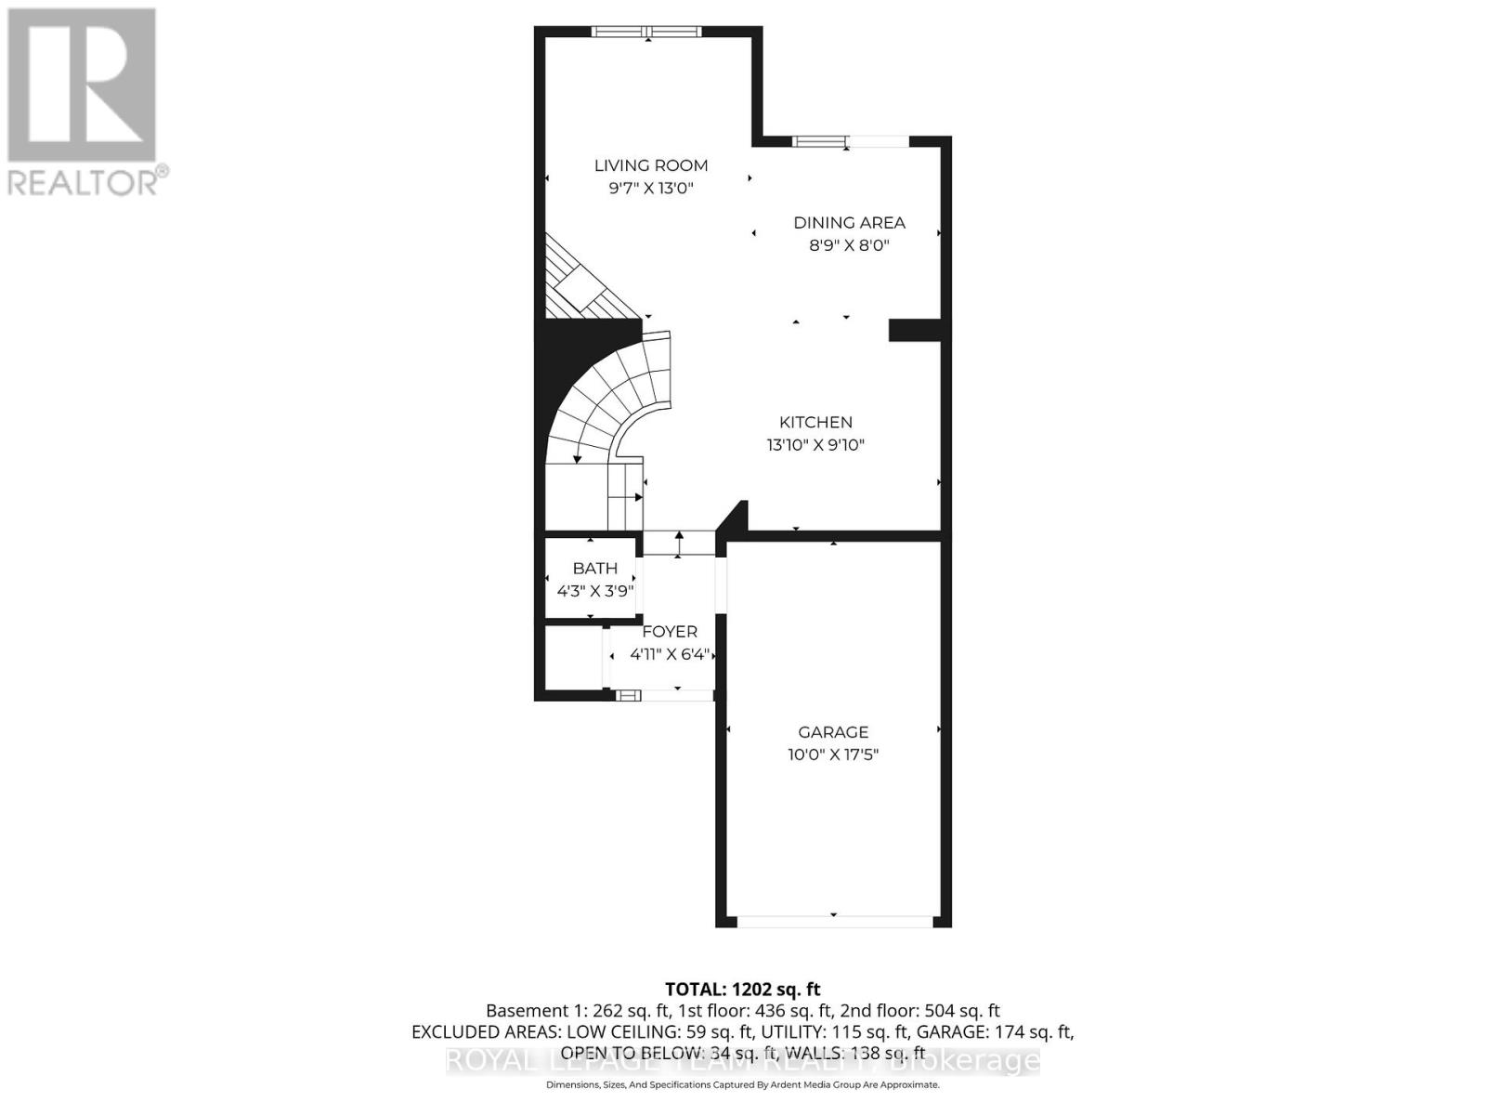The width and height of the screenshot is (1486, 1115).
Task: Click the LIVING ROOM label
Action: click(x=650, y=165)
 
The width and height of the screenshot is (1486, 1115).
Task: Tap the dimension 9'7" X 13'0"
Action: click(x=650, y=189)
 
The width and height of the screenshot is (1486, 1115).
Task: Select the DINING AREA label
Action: click(x=849, y=222)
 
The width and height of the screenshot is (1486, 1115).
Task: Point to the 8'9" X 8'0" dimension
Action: click(x=849, y=245)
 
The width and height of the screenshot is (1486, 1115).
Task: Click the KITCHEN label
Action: click(x=815, y=422)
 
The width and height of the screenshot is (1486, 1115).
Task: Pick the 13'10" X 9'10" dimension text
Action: click(x=815, y=445)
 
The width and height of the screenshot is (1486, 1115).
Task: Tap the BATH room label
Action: click(x=594, y=568)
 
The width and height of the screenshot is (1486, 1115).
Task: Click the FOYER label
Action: click(x=669, y=632)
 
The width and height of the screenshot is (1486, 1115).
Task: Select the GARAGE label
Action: click(x=833, y=732)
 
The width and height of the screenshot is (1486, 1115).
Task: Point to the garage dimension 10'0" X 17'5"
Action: click(x=833, y=755)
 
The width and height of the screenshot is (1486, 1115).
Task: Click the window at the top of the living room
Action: click(x=647, y=32)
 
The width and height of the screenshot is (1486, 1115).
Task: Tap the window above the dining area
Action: click(x=850, y=141)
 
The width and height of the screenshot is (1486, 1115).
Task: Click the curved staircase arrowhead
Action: click(x=578, y=456)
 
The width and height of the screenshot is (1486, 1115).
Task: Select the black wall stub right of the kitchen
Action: click(x=916, y=330)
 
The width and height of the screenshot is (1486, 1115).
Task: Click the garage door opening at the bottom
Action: click(x=833, y=921)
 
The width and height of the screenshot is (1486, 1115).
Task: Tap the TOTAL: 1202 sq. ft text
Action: click(x=742, y=990)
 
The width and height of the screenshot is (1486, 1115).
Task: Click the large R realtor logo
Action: click(x=82, y=85)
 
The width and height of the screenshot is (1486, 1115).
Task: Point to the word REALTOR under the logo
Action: click(x=82, y=181)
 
